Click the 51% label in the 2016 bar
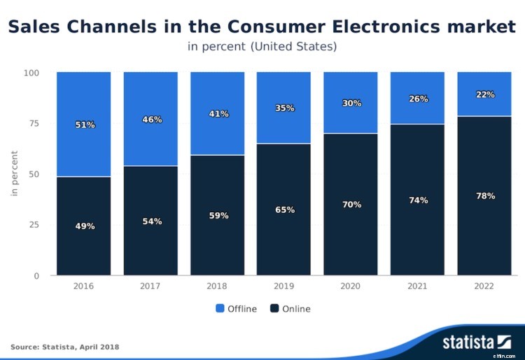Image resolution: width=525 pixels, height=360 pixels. [x=85, y=125]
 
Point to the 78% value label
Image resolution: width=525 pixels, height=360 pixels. [x=485, y=196]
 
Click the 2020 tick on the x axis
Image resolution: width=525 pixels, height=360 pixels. [x=351, y=286]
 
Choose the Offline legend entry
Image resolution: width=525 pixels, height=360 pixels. [x=236, y=309]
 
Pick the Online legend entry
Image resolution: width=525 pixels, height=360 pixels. [x=290, y=309]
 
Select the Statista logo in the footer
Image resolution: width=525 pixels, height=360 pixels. [x=477, y=342]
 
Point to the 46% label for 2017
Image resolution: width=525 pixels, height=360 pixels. [x=152, y=120]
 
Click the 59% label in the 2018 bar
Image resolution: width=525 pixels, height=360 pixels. [x=218, y=216]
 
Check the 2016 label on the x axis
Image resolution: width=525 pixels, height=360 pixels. [x=84, y=286]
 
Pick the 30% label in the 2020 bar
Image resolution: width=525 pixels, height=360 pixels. [x=351, y=103]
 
